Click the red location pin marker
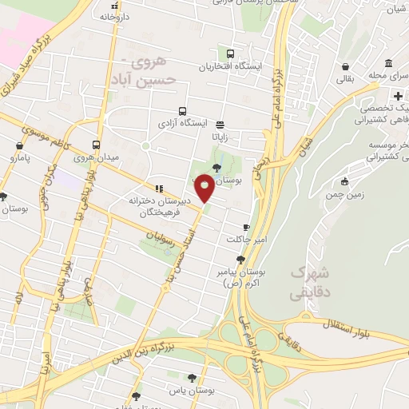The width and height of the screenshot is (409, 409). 204,189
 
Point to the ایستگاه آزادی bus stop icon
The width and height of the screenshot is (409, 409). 183,112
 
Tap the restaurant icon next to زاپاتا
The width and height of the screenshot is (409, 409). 220,124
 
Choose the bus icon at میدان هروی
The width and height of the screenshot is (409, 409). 96,145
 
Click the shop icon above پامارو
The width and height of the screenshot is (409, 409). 19,145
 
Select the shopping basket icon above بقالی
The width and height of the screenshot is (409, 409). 344,66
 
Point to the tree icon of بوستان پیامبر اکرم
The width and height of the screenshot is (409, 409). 240,259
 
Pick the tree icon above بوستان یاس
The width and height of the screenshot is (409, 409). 192,378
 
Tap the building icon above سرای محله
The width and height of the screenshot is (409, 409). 387,64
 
